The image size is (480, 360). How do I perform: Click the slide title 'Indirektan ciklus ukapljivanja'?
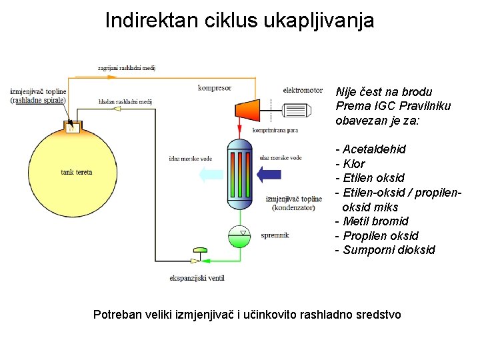coord(239,20)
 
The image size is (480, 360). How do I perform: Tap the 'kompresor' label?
coord(215,88)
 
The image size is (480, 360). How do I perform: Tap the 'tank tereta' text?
coord(77,172)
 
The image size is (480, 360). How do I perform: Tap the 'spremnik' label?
coord(275,235)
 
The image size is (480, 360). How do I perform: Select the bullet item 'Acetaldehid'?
coord(374,149)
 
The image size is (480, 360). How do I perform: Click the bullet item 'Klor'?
coord(354,164)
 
